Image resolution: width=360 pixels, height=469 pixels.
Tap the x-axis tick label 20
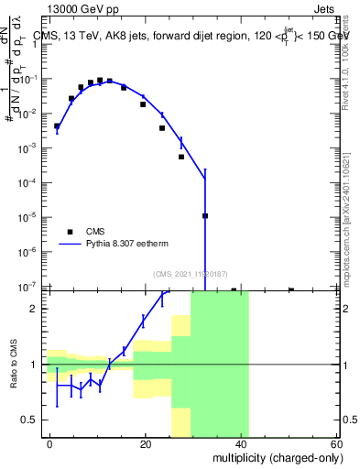[146, 443]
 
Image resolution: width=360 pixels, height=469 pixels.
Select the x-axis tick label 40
[241, 443]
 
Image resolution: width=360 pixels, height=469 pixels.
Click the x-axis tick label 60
[336, 443]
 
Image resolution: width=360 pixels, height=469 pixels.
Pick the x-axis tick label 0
[50, 443]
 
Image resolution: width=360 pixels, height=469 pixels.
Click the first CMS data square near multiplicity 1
[57, 126]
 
